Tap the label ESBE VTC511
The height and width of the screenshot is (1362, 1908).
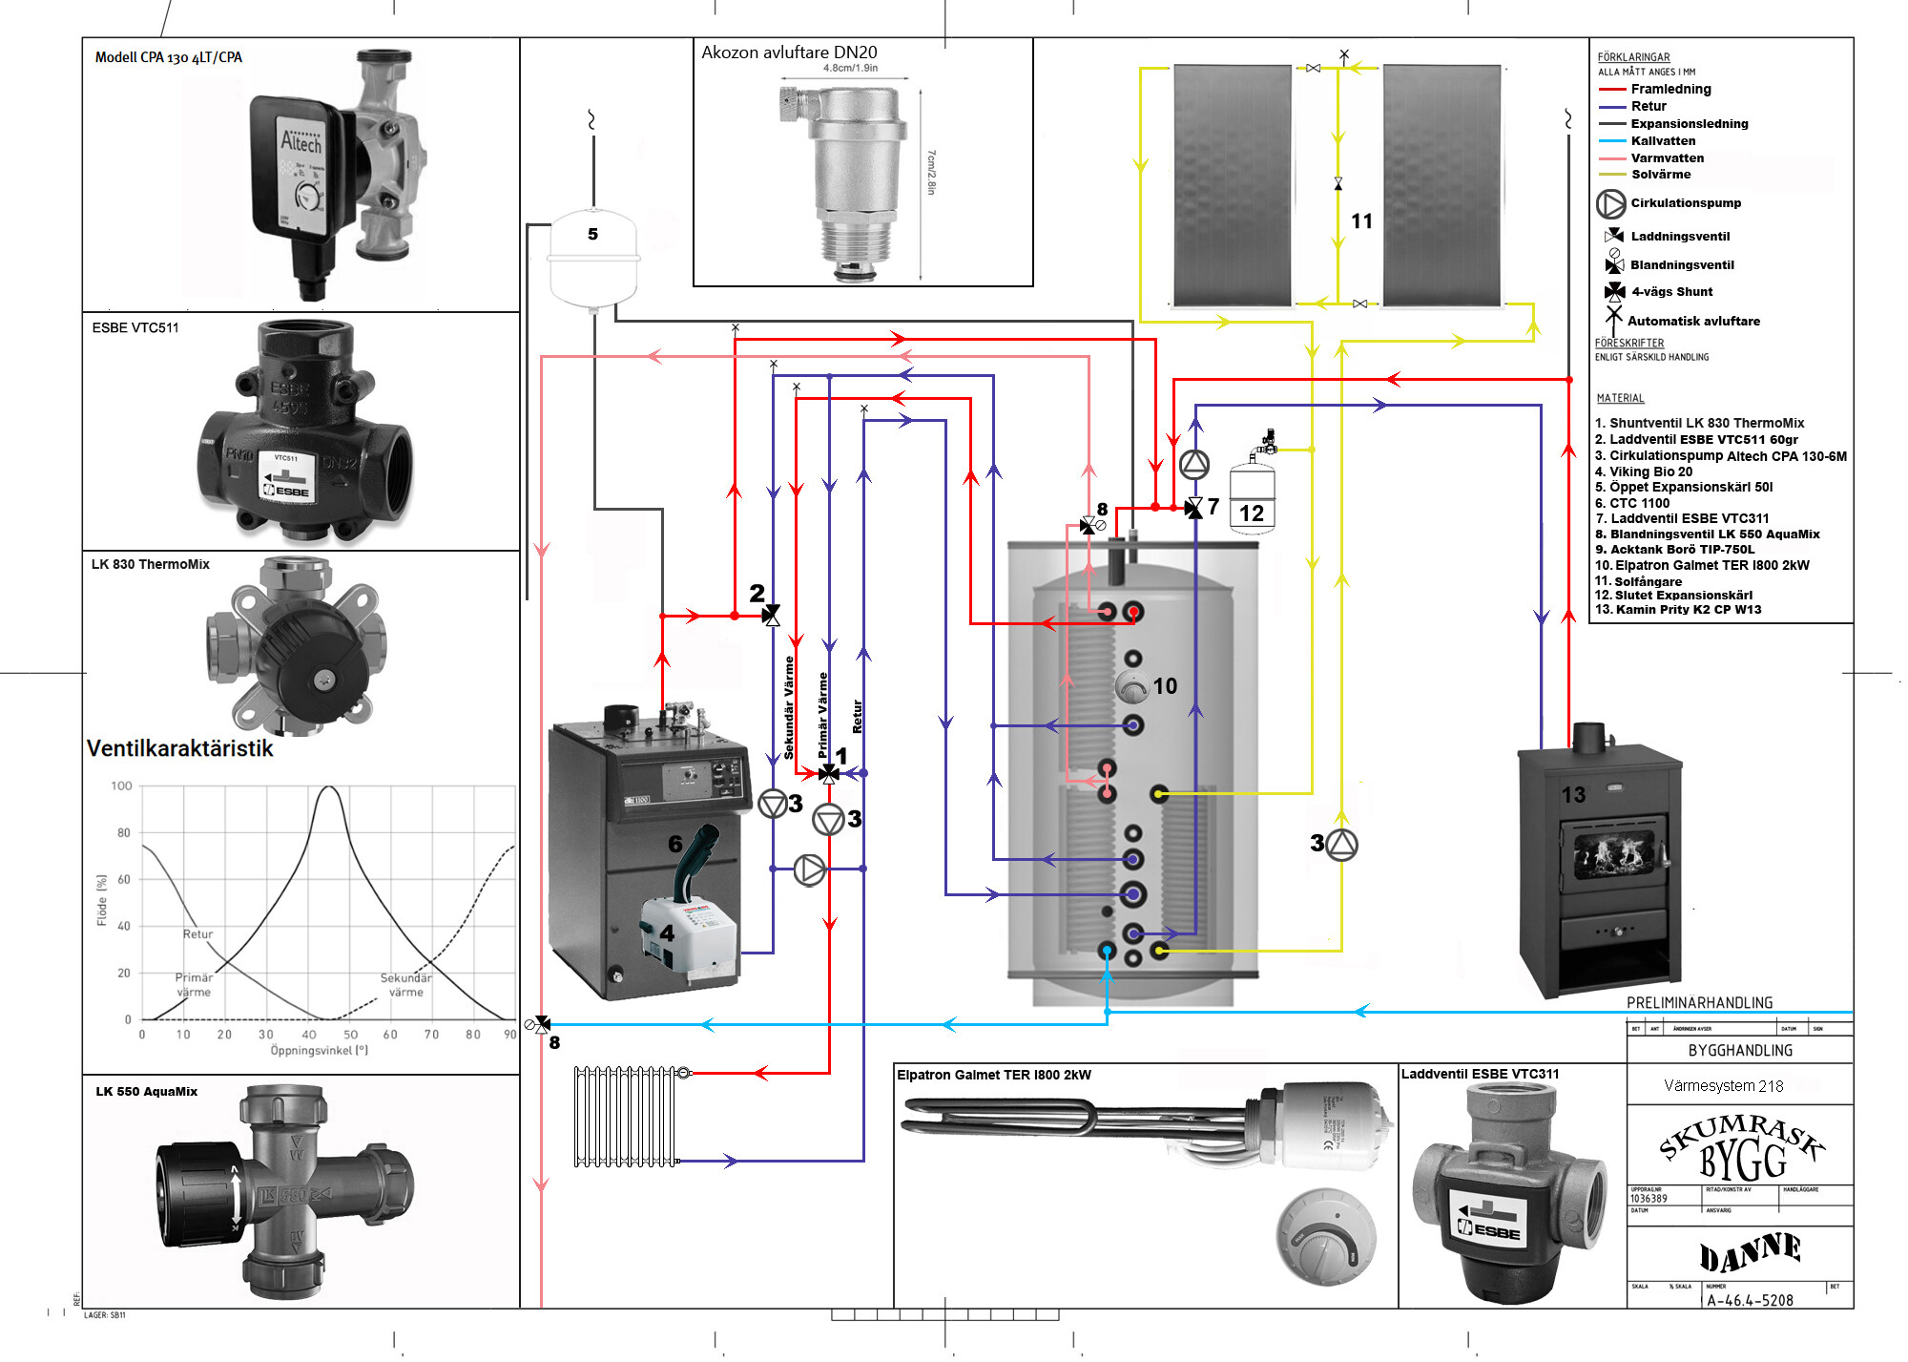(x=135, y=327)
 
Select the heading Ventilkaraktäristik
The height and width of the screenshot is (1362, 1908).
(x=179, y=748)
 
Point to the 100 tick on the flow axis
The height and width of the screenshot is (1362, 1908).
(x=121, y=786)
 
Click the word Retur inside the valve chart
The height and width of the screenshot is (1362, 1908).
(x=197, y=934)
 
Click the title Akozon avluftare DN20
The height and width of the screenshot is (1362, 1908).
(x=789, y=52)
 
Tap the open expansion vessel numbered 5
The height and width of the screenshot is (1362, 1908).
(x=592, y=258)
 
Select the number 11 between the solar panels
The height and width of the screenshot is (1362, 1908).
(x=1361, y=221)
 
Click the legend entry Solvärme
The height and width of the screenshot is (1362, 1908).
(x=1660, y=175)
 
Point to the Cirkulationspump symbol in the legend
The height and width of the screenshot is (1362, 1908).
(x=1610, y=203)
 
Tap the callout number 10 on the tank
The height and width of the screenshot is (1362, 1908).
(x=1165, y=686)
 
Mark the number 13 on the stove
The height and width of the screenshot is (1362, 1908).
(x=1573, y=795)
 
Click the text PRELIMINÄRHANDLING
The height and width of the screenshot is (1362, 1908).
(x=1699, y=1003)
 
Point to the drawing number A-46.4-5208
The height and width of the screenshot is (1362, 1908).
(x=1750, y=1300)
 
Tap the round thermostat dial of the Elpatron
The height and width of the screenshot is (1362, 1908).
(x=1325, y=1237)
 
